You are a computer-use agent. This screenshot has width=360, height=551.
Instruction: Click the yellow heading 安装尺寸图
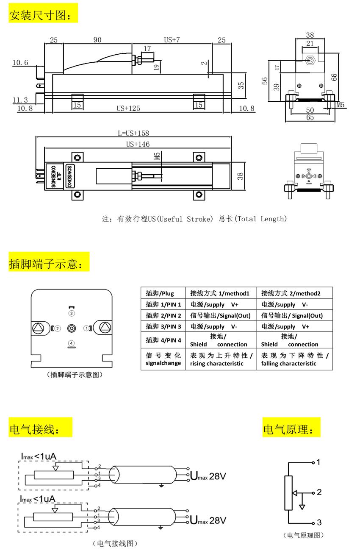point(43,13)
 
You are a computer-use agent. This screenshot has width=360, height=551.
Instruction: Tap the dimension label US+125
point(128,109)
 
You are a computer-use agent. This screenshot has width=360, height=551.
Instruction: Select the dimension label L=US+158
point(133,133)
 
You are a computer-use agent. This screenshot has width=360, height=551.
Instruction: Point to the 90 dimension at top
point(97,40)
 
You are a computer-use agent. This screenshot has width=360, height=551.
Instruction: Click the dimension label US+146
point(138,144)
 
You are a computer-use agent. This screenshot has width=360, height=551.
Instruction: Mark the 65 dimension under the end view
point(310,117)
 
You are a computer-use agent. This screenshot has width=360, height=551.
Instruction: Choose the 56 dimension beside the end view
point(264,81)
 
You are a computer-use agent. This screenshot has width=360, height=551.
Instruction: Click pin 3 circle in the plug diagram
point(72,313)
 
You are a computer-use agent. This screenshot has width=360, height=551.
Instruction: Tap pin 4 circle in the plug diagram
point(71,343)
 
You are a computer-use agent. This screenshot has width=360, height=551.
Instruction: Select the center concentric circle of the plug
point(72,328)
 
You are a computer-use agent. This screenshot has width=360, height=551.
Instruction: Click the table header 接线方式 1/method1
point(219,293)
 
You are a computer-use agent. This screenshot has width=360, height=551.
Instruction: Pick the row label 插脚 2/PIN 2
point(163,316)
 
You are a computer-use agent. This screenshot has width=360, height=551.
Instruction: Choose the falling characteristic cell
point(295,359)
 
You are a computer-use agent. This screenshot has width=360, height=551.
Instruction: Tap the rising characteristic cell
point(221,359)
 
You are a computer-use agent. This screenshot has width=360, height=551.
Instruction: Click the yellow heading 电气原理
point(291,427)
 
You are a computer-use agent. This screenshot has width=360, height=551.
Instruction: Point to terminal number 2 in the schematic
point(319,492)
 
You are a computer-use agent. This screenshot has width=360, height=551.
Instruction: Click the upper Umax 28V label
point(208,476)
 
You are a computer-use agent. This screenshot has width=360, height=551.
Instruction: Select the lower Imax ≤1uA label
point(38,499)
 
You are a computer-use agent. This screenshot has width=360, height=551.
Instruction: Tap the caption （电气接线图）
point(115,543)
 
